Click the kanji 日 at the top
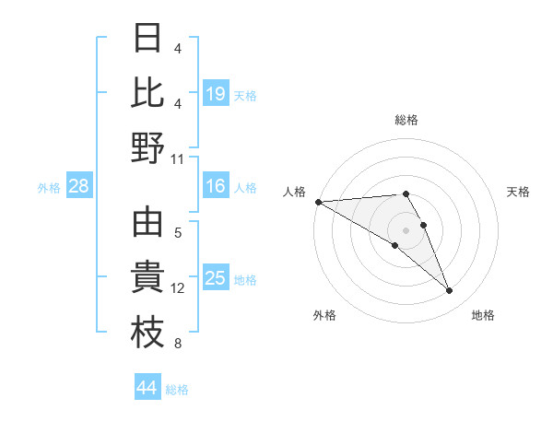[x=148, y=40]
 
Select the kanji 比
[x=148, y=93]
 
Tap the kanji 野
[x=148, y=147]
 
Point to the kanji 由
[x=148, y=224]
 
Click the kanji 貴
[x=148, y=280]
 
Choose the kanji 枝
[x=148, y=334]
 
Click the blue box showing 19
[x=216, y=93]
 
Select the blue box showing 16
[x=216, y=187]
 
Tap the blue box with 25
[x=216, y=279]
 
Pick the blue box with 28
[x=79, y=187]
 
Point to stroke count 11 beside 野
[x=178, y=158]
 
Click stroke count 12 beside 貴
[x=178, y=288]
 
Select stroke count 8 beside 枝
[x=178, y=345]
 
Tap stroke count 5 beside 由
[x=178, y=233]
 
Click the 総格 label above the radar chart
[x=406, y=120]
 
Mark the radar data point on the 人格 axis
[x=318, y=202]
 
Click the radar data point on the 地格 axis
[x=450, y=291]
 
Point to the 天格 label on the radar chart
[x=519, y=192]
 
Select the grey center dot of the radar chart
[x=406, y=229]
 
